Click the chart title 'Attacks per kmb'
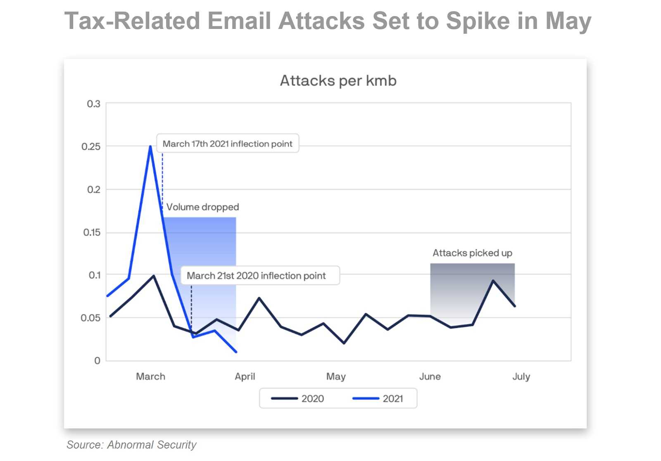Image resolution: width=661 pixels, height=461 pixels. click(x=338, y=81)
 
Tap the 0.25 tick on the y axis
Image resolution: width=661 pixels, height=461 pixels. click(x=91, y=147)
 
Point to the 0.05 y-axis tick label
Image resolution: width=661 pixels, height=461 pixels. click(x=90, y=318)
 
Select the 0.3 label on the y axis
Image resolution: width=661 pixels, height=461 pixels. click(x=93, y=104)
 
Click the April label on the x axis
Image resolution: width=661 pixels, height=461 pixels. click(x=245, y=377)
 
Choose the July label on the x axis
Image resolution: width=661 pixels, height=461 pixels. click(x=521, y=377)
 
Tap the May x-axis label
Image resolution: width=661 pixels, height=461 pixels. click(x=336, y=377)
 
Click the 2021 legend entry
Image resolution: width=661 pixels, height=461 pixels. click(x=378, y=399)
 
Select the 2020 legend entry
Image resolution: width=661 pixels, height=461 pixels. click(x=297, y=399)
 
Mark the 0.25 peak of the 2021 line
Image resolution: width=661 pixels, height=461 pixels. click(x=150, y=146)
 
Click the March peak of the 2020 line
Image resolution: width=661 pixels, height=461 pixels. click(x=154, y=276)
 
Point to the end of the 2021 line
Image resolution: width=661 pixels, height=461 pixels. click(x=236, y=352)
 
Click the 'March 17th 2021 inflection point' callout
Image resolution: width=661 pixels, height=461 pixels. click(x=228, y=144)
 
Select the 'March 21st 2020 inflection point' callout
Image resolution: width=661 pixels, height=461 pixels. click(x=260, y=276)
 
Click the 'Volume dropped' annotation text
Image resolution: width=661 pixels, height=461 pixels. click(x=203, y=207)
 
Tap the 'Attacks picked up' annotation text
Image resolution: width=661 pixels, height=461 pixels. click(x=473, y=253)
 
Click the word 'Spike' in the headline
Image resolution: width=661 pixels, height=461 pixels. click(x=478, y=21)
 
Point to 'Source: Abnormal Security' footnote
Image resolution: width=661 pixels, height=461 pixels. click(x=131, y=445)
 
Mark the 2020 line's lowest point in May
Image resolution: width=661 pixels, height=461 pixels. click(x=344, y=343)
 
